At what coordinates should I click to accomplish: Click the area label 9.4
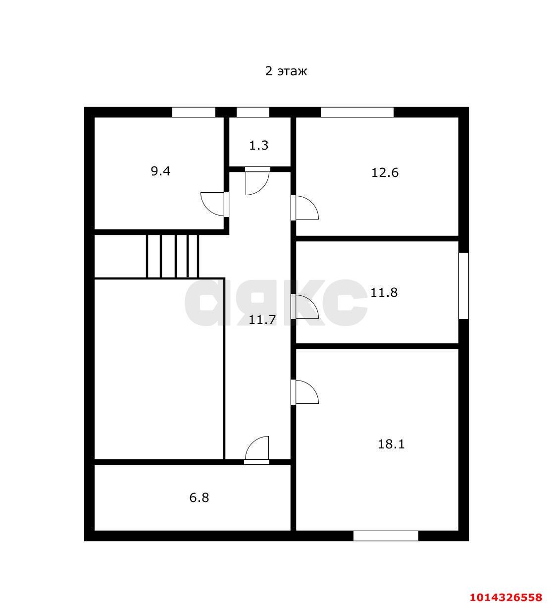[160, 171]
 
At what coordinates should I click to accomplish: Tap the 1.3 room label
[258, 146]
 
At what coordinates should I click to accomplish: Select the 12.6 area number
[385, 173]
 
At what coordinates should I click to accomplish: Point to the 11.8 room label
[384, 293]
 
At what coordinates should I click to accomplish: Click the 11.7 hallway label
[262, 320]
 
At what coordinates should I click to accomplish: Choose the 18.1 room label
[391, 444]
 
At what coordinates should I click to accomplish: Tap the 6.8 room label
[199, 497]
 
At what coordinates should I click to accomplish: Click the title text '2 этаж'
[286, 71]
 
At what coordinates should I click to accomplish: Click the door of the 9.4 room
[215, 204]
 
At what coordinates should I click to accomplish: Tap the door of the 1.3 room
[257, 181]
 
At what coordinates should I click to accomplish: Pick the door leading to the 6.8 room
[257, 449]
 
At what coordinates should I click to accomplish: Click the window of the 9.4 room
[194, 112]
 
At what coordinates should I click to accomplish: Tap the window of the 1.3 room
[252, 112]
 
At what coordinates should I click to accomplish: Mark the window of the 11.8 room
[463, 286]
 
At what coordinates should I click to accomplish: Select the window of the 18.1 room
[386, 536]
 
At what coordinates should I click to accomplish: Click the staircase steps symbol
[172, 256]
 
